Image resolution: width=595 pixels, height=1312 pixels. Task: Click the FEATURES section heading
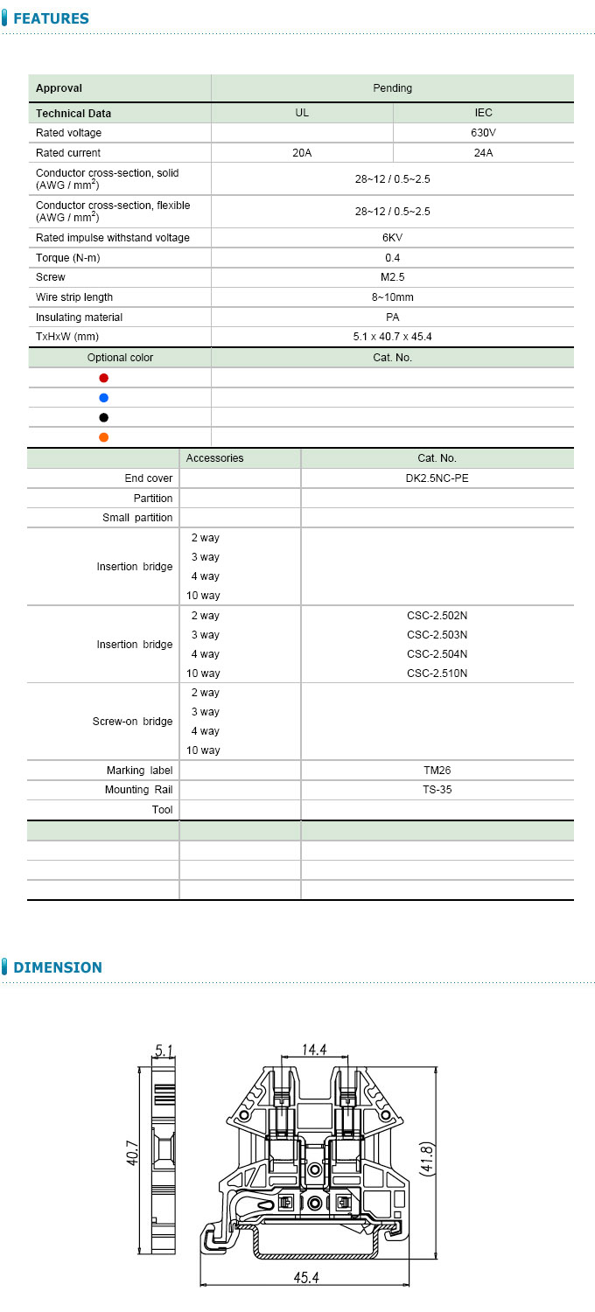coord(51,18)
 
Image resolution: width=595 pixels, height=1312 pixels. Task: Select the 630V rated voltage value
coord(483,133)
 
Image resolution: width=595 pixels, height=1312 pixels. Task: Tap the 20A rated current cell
coord(302,153)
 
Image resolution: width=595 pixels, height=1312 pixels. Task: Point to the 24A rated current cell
coord(483,153)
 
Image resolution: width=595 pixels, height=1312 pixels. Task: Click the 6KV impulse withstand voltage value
coord(392,238)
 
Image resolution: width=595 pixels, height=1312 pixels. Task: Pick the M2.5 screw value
coord(392,277)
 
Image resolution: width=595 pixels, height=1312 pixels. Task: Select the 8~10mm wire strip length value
coord(392,297)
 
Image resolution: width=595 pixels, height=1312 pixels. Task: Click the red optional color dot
coord(104,378)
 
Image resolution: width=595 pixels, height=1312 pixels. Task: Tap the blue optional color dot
coord(104,398)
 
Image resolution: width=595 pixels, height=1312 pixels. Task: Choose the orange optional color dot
coord(104,437)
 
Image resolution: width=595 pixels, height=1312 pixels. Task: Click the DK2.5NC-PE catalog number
coord(437,478)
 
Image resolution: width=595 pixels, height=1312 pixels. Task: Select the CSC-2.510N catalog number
coord(437,673)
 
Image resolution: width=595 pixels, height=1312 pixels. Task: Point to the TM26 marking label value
coord(437,771)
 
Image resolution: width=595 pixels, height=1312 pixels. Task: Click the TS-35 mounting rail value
coord(437,790)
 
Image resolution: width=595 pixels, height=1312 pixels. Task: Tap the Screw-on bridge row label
coord(132,722)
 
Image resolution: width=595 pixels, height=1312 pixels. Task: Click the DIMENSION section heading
coord(57,967)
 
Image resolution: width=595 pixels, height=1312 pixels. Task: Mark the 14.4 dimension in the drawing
coord(314,1049)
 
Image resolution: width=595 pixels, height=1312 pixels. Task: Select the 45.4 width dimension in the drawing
coord(305,1278)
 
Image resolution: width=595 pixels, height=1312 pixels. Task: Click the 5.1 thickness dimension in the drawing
coord(164,1049)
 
